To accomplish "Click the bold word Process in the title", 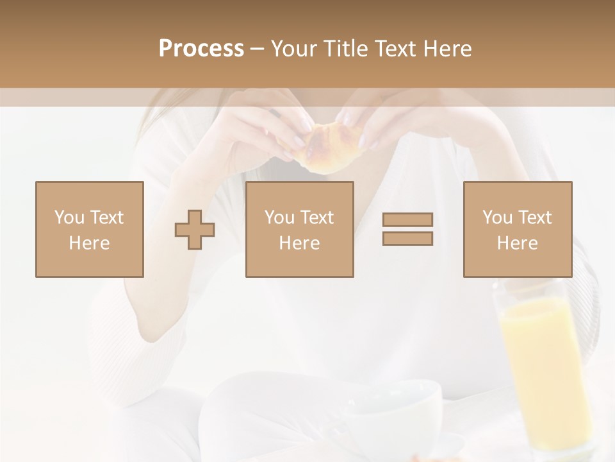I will click(x=201, y=49).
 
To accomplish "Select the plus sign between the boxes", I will click(x=195, y=230).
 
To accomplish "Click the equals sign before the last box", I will click(x=407, y=229).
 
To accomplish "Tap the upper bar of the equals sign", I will click(x=407, y=220).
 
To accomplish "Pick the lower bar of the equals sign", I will click(x=407, y=239).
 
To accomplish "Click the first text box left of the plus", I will click(x=89, y=229).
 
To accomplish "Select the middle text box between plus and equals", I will click(x=299, y=229).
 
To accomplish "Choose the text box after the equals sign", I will click(x=517, y=229).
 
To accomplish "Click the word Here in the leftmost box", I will click(x=89, y=243).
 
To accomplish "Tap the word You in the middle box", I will click(x=279, y=218).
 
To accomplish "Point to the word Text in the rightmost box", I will click(x=534, y=218).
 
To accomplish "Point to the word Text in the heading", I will click(x=393, y=49).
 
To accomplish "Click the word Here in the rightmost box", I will click(x=517, y=243).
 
